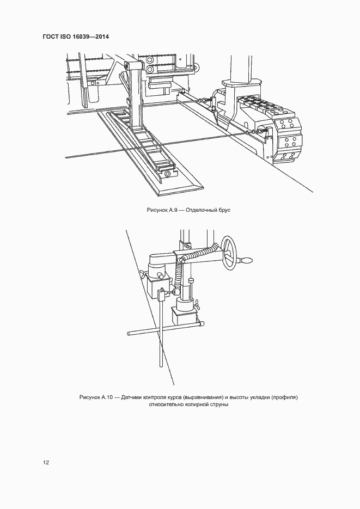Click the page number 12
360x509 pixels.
[x=46, y=463]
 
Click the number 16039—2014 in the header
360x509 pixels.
[x=94, y=36]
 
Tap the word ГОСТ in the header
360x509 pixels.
[x=52, y=36]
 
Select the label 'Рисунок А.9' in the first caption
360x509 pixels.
[x=162, y=210]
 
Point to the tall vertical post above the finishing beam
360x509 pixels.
[x=136, y=93]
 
